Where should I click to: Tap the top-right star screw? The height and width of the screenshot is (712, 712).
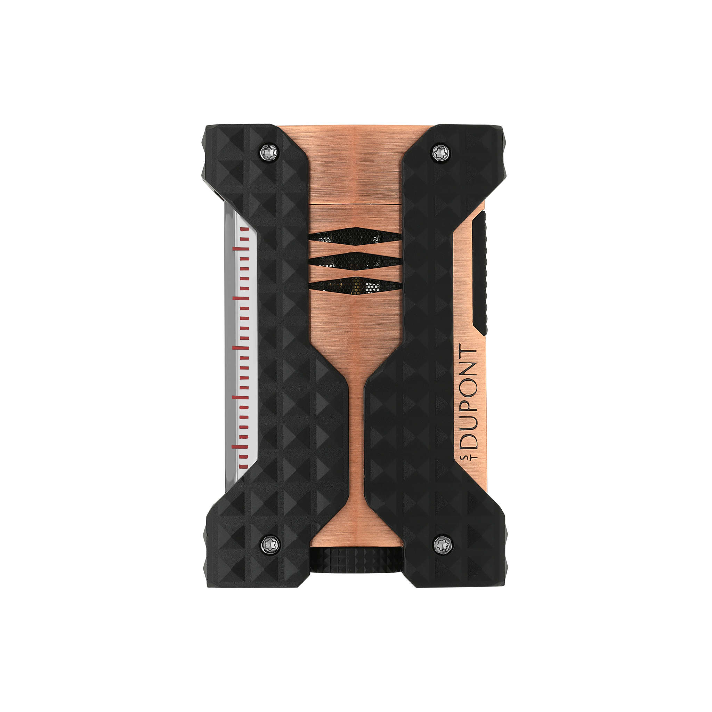tap(440, 153)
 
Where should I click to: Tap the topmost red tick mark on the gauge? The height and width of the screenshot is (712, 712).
tap(243, 229)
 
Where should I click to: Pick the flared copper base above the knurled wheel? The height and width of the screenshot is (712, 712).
tap(356, 531)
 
